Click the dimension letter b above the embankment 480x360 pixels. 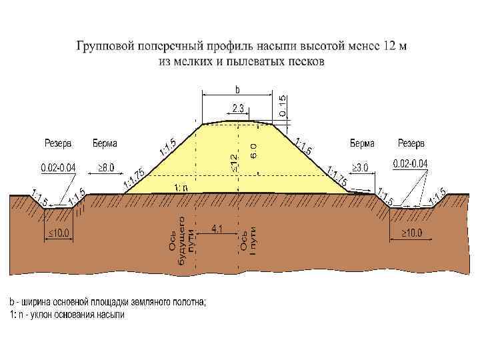click(x=237, y=89)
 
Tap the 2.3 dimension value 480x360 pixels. click(x=238, y=107)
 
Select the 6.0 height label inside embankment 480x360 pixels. click(x=253, y=151)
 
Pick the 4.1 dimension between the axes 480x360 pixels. click(x=217, y=229)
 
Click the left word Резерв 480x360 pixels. click(x=58, y=143)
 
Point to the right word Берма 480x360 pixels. click(x=362, y=143)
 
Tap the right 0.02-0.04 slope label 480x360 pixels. click(x=411, y=163)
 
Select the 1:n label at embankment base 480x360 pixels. click(x=181, y=187)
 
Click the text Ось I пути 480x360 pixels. click(x=248, y=241)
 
